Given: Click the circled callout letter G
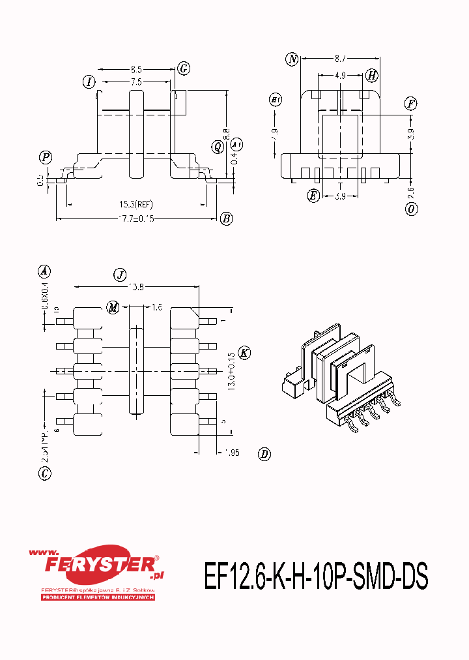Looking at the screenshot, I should point(184,68).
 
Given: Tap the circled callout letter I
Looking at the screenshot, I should point(89,82).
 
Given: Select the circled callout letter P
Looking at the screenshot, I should point(46,157).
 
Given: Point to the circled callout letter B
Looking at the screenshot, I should point(226,218).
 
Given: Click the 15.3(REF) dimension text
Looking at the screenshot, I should point(135,205).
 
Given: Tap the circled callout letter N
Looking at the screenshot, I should point(292,60).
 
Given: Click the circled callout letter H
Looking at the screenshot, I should point(371,76).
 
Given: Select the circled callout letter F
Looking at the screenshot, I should point(410,103).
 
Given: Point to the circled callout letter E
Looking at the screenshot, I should point(314,195).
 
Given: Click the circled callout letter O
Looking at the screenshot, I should point(411,209).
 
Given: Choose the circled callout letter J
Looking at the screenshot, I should point(119,275).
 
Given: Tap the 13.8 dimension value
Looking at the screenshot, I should point(136,286).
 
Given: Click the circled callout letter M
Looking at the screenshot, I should point(113,307).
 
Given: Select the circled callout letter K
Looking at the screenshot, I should point(244,352).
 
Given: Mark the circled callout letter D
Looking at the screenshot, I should point(264,454).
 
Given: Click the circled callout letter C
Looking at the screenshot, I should point(44,474).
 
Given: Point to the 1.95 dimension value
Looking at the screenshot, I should point(231,452).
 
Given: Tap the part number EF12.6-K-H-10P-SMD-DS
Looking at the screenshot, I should point(316,576).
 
